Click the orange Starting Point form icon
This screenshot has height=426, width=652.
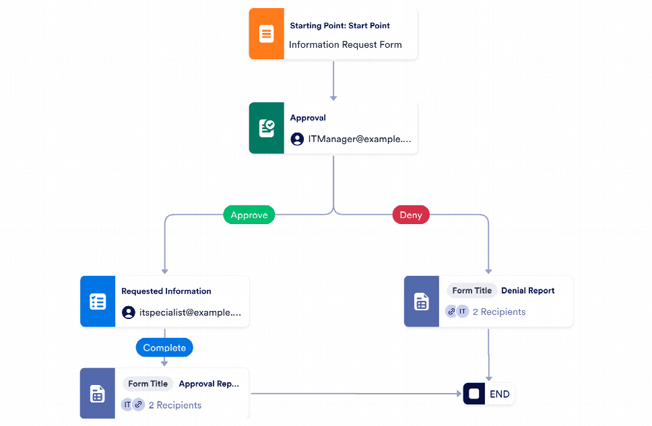pyautogui.click(x=266, y=34)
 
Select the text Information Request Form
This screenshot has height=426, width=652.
pyautogui.click(x=345, y=45)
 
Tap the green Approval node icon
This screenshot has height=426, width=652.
pyautogui.click(x=266, y=129)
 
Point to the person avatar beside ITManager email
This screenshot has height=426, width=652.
pyautogui.click(x=297, y=139)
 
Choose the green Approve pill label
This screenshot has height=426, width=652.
pyautogui.click(x=249, y=215)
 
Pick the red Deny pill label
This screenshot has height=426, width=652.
pyautogui.click(x=411, y=215)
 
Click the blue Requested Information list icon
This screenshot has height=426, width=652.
pyautogui.click(x=98, y=301)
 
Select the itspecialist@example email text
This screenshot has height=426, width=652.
pyautogui.click(x=190, y=313)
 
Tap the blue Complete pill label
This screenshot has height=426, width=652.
pyautogui.click(x=164, y=348)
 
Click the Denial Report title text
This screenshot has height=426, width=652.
pyautogui.click(x=527, y=291)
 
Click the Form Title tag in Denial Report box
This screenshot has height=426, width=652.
pyautogui.click(x=471, y=291)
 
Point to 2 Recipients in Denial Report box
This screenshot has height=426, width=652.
pyautogui.click(x=498, y=312)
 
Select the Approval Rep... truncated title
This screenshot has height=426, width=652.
pyautogui.click(x=209, y=384)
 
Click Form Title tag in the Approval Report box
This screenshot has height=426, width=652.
pyautogui.click(x=148, y=384)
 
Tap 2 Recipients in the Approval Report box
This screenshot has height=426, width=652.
pyautogui.click(x=174, y=405)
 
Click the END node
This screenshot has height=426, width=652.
pyautogui.click(x=489, y=394)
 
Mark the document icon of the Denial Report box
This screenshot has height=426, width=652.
pyautogui.click(x=421, y=301)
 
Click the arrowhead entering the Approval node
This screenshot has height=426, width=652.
pyautogui.click(x=333, y=98)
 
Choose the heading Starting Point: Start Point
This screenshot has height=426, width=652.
pyautogui.click(x=339, y=26)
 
